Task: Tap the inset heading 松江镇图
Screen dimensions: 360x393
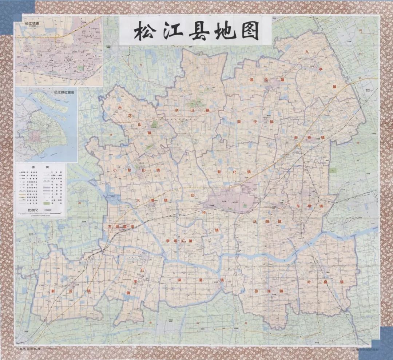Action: [32, 24]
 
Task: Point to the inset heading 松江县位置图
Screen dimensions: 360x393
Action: [64, 93]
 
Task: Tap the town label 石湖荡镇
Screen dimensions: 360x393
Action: [121, 227]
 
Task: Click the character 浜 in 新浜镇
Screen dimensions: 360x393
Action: [71, 291]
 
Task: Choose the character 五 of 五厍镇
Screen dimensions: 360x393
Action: [142, 270]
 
